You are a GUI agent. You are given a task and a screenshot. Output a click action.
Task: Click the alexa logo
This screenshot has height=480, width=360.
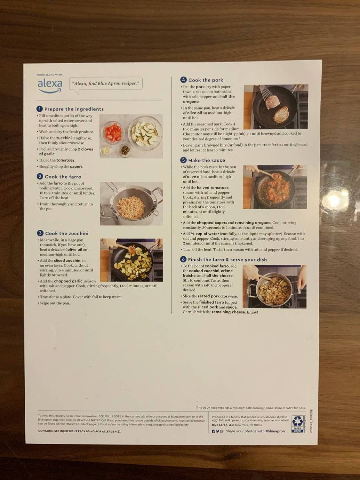click(x=50, y=85)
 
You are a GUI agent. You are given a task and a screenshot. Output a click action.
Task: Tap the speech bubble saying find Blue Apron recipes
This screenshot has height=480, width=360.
click(x=106, y=84)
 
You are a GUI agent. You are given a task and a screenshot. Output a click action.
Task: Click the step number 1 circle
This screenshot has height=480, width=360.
click(x=40, y=109)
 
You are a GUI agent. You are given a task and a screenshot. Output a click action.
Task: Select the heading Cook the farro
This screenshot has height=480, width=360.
click(x=63, y=177)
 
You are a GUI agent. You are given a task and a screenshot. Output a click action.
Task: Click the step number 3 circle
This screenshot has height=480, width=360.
click(x=40, y=233)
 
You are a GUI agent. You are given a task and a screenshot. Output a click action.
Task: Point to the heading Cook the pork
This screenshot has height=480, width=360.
click(x=205, y=80)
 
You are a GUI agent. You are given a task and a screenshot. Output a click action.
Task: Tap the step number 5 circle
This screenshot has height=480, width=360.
click(x=183, y=160)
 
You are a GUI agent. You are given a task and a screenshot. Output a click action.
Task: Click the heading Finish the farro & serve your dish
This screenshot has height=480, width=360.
click(x=227, y=260)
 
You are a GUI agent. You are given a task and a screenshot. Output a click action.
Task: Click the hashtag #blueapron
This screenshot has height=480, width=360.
click(x=275, y=431)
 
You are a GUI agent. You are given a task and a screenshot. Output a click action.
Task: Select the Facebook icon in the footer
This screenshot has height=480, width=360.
click(x=213, y=431)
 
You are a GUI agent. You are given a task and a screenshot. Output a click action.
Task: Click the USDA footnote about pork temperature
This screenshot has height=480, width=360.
click(x=250, y=408)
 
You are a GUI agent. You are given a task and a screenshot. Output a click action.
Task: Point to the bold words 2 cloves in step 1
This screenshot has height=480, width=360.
click(x=85, y=149)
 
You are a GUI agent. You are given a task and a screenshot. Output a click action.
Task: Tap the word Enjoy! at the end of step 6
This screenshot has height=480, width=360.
click(x=252, y=312)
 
